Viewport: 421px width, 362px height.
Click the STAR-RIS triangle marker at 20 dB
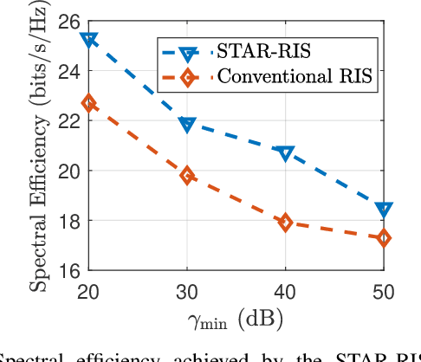click(88, 40)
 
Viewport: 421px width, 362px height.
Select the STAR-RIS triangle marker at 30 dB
click(187, 125)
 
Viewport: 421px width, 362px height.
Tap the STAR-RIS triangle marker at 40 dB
click(285, 153)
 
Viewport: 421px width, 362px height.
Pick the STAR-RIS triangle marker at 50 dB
click(384, 210)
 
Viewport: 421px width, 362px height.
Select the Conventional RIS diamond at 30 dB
click(187, 176)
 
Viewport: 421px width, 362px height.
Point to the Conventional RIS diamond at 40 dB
click(285, 223)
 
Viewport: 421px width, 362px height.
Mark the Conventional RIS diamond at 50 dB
click(384, 237)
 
